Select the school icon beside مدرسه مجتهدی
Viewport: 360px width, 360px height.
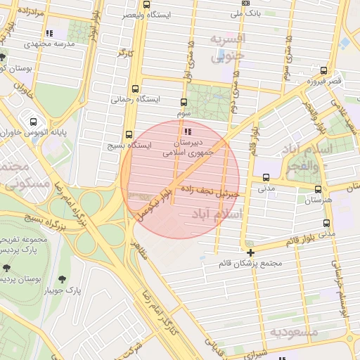(x=49, y=33)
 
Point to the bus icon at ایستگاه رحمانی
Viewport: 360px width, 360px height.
(x=136, y=89)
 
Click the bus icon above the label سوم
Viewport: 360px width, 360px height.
(x=184, y=102)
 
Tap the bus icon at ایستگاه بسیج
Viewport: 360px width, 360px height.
(x=129, y=134)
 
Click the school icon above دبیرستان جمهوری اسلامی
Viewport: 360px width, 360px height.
(x=186, y=131)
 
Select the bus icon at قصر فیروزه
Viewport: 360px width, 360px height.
(x=323, y=70)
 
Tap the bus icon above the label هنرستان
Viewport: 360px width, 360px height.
(x=319, y=189)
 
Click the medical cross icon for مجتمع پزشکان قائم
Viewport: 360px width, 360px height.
(x=250, y=252)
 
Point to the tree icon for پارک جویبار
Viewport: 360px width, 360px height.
(x=68, y=278)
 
